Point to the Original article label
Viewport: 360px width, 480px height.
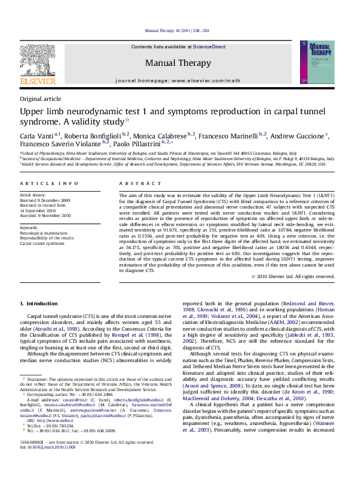click(41, 99)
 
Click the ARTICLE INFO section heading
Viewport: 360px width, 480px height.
click(49, 183)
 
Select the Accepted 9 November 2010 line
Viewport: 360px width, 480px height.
click(45, 215)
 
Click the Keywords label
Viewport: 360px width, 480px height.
click(29, 227)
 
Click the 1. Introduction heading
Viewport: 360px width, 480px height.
click(39, 303)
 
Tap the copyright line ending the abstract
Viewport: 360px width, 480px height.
click(292, 276)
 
